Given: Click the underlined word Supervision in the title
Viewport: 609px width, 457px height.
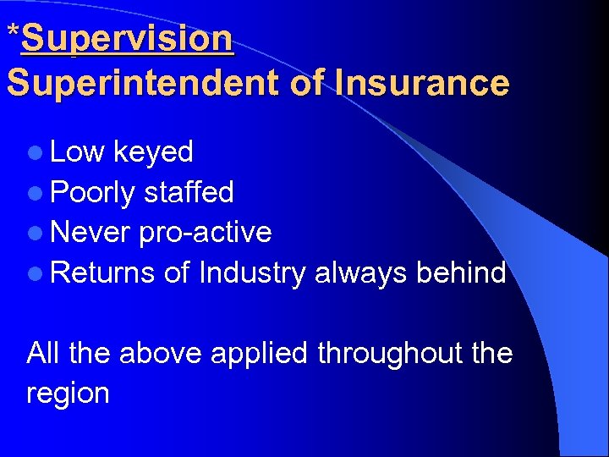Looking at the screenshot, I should pyautogui.click(x=127, y=40).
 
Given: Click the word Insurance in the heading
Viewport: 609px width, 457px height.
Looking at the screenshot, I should pyautogui.click(x=422, y=84).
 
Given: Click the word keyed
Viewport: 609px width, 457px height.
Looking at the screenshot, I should pyautogui.click(x=153, y=152).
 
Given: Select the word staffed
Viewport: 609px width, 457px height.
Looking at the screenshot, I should pyautogui.click(x=189, y=193).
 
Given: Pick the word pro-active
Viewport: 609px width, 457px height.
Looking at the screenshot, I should pyautogui.click(x=206, y=233).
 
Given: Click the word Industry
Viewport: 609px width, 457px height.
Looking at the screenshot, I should pyautogui.click(x=252, y=274).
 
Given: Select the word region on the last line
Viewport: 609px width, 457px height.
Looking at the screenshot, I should pyautogui.click(x=68, y=394).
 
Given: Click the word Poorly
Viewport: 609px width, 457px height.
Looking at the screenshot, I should pyautogui.click(x=92, y=194).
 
